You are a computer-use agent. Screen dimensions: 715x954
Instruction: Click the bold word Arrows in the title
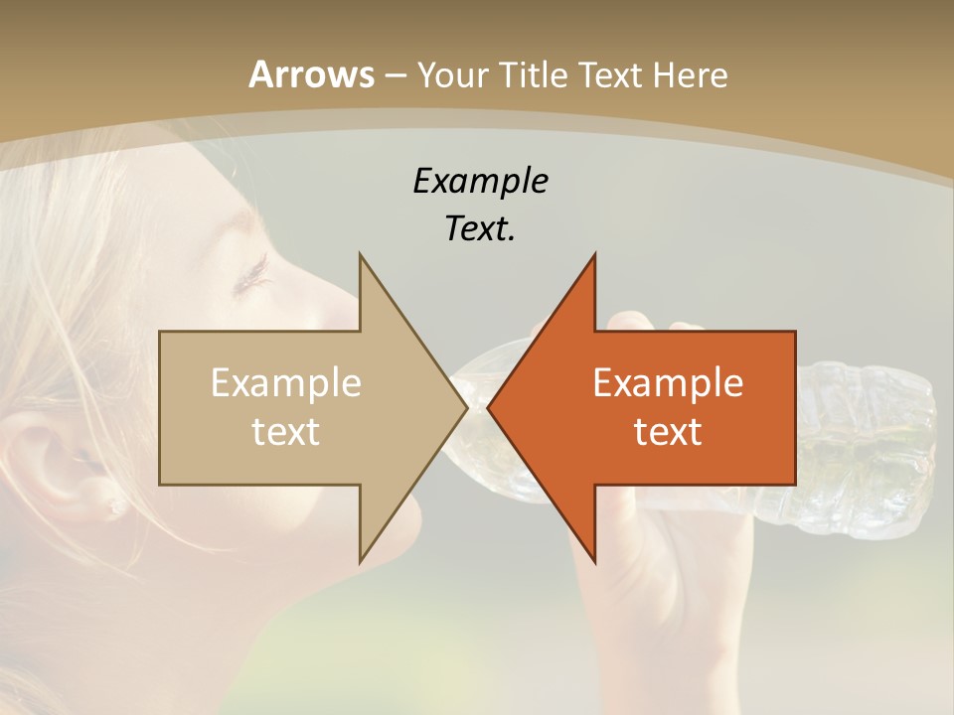tap(312, 74)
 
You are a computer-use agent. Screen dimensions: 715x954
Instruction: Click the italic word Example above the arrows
tap(480, 181)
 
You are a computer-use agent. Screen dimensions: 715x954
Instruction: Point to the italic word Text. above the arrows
tap(480, 228)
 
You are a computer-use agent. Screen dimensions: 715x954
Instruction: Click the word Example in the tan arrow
tap(286, 382)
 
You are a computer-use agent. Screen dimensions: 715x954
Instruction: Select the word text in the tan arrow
tap(286, 431)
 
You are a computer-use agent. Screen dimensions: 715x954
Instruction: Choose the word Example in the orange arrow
tap(668, 382)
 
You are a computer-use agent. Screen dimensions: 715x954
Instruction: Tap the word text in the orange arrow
tap(668, 431)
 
